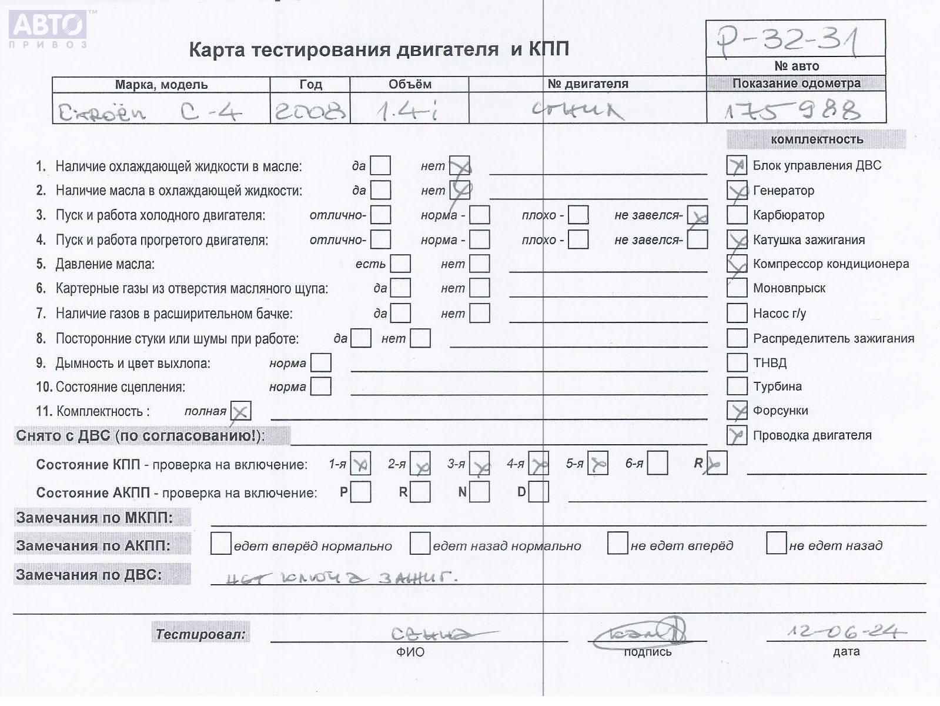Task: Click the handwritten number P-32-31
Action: click(788, 40)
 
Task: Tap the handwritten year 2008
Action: click(310, 110)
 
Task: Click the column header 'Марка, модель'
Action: click(161, 85)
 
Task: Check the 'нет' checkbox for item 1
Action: click(459, 166)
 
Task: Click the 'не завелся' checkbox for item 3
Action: click(697, 215)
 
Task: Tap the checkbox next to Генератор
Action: click(737, 191)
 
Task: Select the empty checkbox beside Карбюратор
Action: click(737, 215)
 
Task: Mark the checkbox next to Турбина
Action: click(737, 386)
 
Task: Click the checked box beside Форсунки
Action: click(737, 411)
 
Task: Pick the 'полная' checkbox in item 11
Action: click(240, 411)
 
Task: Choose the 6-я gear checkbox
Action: click(657, 463)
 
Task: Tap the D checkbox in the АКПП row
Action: click(538, 492)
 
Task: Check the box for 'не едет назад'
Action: click(776, 543)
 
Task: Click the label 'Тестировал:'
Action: click(200, 634)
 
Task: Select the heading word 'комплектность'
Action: click(817, 139)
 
